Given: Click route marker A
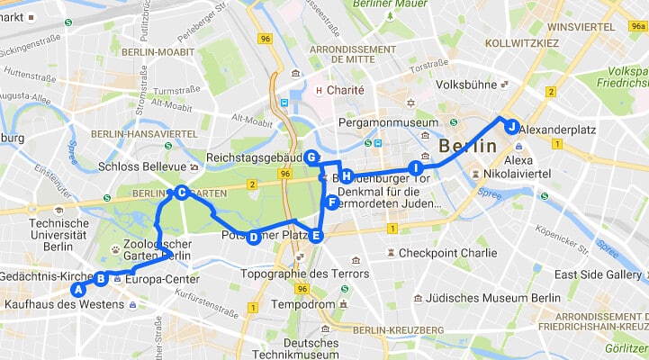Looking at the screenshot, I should tap(78, 290).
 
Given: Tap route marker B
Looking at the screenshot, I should tap(102, 279).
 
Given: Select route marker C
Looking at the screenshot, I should tap(181, 192).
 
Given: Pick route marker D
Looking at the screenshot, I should tap(253, 238).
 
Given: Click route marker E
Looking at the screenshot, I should tap(315, 237).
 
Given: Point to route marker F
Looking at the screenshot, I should tap(332, 202).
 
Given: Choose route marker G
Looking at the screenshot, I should tap(311, 157).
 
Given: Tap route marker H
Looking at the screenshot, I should tap(346, 175).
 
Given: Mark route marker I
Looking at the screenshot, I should tap(415, 167).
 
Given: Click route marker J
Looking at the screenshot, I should tap(511, 126).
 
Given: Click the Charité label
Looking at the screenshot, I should tap(345, 90).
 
